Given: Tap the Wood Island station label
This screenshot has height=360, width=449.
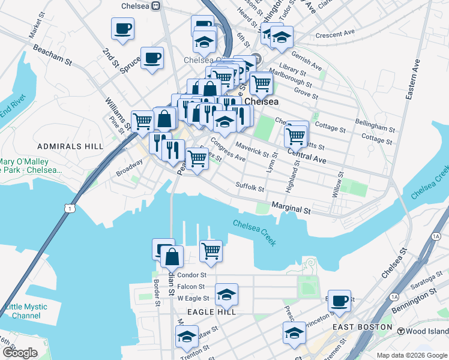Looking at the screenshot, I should [x=423, y=331].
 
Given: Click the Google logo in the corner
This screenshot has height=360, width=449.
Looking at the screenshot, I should [x=19, y=353].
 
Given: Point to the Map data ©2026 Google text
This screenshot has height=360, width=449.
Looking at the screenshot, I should [x=412, y=355].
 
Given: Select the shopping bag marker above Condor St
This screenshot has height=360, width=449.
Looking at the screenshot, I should [x=172, y=256].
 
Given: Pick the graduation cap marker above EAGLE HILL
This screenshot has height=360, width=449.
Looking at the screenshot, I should [x=226, y=294].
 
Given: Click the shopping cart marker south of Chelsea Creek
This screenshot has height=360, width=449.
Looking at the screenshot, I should [x=211, y=250].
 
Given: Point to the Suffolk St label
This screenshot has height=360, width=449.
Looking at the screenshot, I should [x=250, y=188].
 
